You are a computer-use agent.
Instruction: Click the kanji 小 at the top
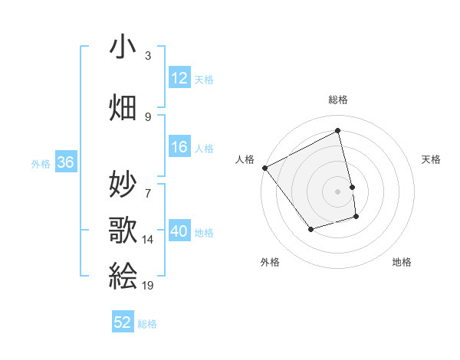pyautogui.click(x=123, y=47)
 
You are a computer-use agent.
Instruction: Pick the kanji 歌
pyautogui.click(x=123, y=229)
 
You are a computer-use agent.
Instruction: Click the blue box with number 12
pyautogui.click(x=179, y=79)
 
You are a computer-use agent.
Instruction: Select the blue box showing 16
pyautogui.click(x=179, y=148)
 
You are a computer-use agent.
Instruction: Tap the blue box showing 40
pyautogui.click(x=179, y=231)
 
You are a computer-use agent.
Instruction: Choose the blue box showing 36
pyautogui.click(x=65, y=162)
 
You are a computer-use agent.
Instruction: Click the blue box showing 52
pyautogui.click(x=123, y=322)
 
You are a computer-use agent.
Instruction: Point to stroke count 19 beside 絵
pyautogui.click(x=149, y=286)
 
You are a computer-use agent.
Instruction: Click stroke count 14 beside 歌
pyautogui.click(x=148, y=240)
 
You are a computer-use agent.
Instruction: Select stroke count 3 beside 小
pyautogui.click(x=148, y=56)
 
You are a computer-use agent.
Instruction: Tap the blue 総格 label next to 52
pyautogui.click(x=147, y=324)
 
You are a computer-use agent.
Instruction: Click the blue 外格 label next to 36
pyautogui.click(x=41, y=163)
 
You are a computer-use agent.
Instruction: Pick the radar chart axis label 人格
pyautogui.click(x=245, y=159)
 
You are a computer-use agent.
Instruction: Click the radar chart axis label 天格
pyautogui.click(x=432, y=159)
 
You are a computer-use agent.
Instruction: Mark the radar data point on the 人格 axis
pyautogui.click(x=264, y=168)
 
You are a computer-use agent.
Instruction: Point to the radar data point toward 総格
pyautogui.click(x=337, y=131)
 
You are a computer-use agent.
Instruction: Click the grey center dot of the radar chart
pyautogui.click(x=337, y=191)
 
